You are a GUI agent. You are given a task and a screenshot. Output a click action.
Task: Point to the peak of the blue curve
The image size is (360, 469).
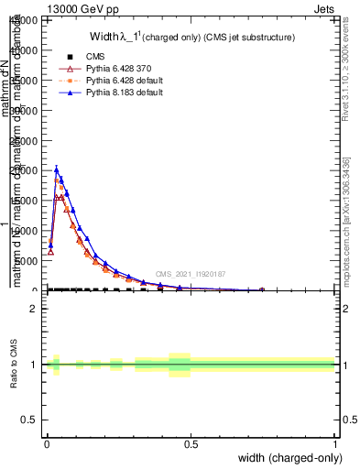pyautogui.click(x=57, y=169)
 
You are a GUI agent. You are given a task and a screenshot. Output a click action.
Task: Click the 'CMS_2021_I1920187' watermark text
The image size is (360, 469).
pyautogui.click(x=191, y=273)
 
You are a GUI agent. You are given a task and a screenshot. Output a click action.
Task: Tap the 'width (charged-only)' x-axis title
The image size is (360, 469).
pyautogui.click(x=289, y=456)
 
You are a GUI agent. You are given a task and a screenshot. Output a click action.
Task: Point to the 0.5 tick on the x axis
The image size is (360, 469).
pyautogui.click(x=191, y=442)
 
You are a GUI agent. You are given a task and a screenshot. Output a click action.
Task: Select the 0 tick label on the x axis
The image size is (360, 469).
pyautogui.click(x=47, y=442)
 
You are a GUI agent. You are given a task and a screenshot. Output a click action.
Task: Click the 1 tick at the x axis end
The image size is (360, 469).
pyautogui.click(x=334, y=442)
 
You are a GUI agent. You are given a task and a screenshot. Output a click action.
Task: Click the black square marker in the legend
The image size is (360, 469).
pyautogui.click(x=63, y=57)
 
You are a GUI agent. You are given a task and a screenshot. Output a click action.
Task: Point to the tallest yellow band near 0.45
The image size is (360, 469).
pyautogui.click(x=179, y=365)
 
